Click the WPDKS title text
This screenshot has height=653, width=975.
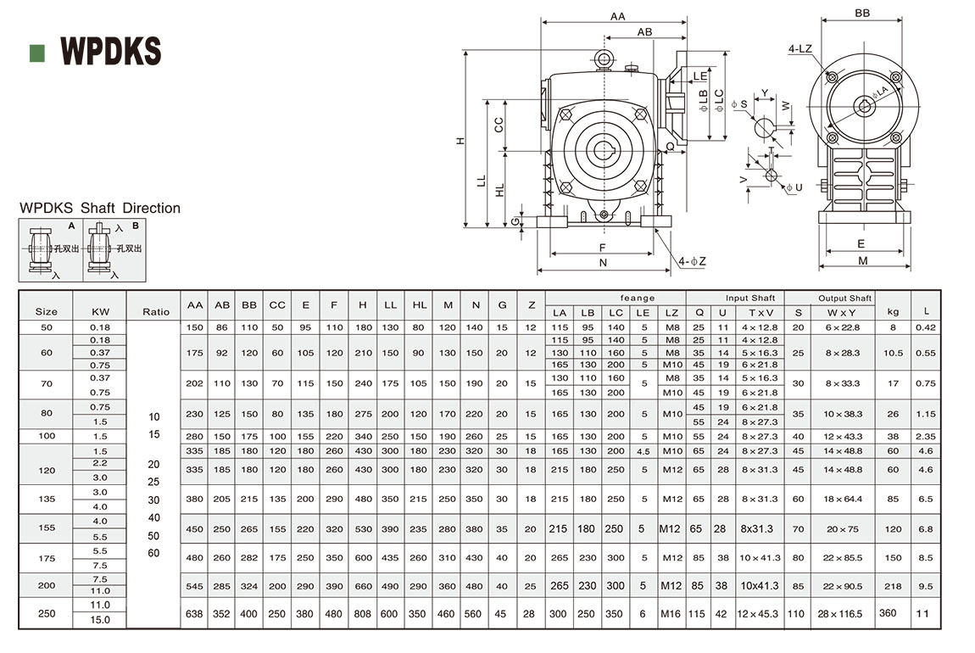(x=110, y=52)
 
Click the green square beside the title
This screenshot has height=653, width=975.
(x=36, y=53)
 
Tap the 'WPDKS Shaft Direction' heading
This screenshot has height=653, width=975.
(x=100, y=208)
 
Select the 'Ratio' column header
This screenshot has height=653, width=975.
(x=156, y=311)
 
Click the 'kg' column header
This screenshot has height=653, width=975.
(x=891, y=311)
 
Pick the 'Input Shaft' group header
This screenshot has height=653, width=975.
(x=750, y=299)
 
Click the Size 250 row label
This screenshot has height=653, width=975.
(x=47, y=613)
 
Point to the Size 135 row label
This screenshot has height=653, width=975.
(x=47, y=499)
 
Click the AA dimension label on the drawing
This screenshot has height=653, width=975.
(x=617, y=16)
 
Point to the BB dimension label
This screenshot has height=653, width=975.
(x=862, y=14)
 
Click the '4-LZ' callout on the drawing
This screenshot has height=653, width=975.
(x=799, y=49)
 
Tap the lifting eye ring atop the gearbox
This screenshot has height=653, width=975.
(x=603, y=59)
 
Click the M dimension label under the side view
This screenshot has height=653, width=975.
(x=862, y=261)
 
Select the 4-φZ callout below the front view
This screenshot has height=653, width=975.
(x=692, y=260)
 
